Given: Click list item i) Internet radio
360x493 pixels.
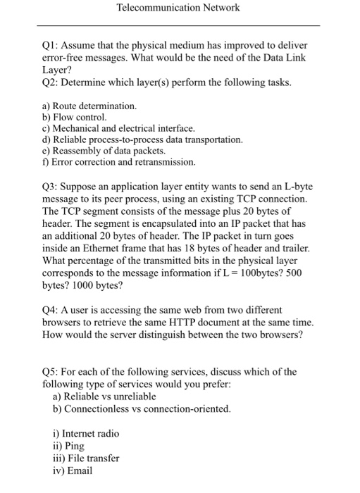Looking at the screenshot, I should click(x=90, y=433).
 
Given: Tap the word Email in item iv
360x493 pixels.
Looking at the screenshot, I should click(x=78, y=470).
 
